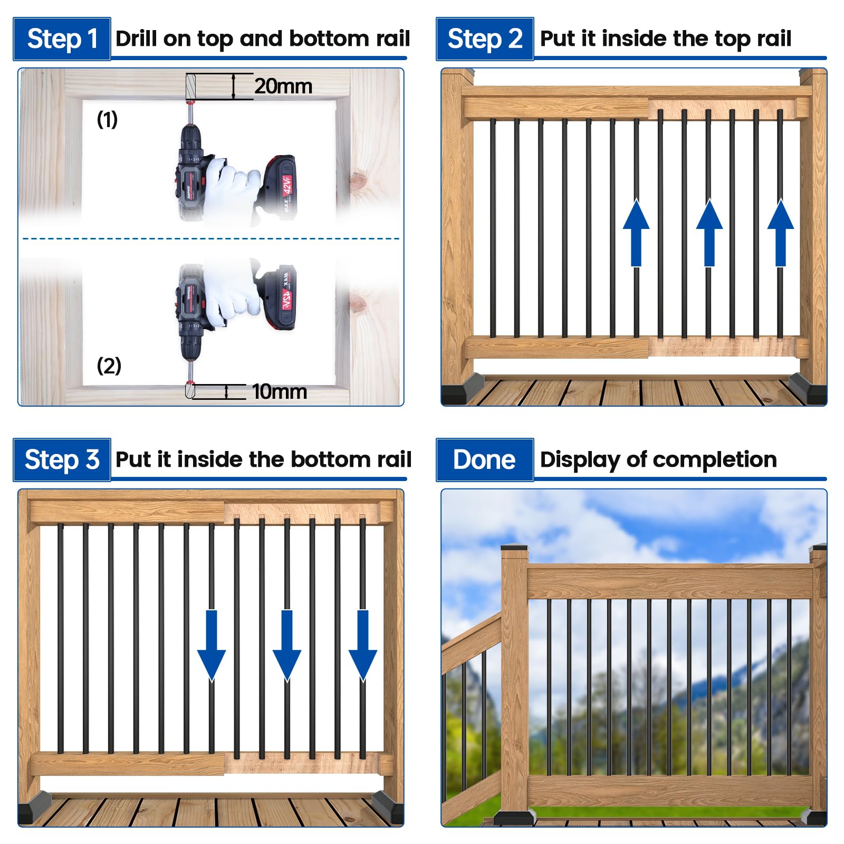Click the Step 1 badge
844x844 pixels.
tap(62, 39)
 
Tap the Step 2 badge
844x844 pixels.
tap(485, 39)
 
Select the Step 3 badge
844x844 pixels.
tap(62, 459)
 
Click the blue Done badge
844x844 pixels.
tap(485, 459)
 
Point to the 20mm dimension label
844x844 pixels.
tap(283, 86)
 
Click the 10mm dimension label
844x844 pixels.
tap(280, 391)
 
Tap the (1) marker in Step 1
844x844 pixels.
tap(107, 119)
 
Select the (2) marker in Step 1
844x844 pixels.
tap(109, 365)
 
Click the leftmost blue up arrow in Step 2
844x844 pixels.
tap(636, 233)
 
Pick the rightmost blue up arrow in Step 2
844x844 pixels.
tap(781, 233)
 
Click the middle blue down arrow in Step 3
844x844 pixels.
tap(287, 645)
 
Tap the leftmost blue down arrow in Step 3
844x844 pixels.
tap(212, 645)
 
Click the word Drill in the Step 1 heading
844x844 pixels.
tap(136, 39)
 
